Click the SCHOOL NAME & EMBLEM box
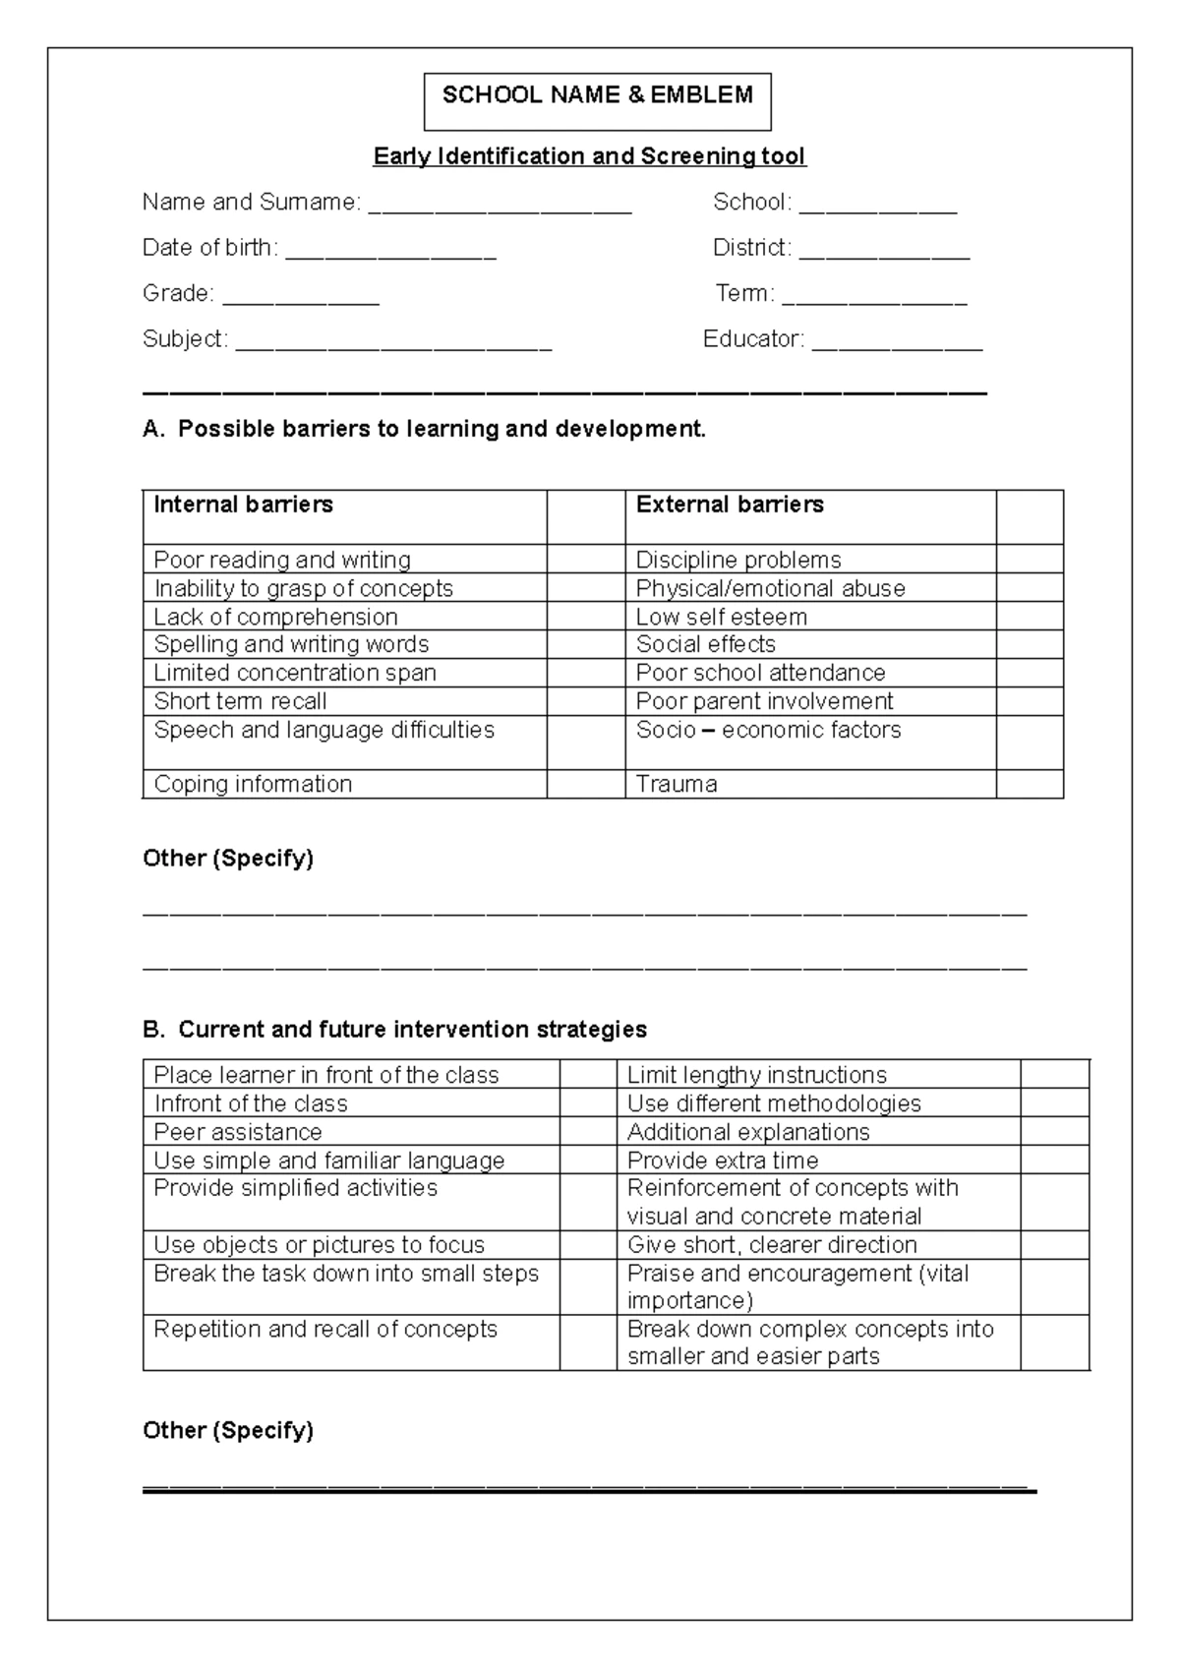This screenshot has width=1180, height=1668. coord(597,100)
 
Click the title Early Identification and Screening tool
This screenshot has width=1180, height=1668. coord(589,156)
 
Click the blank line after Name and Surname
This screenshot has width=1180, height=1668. coord(500,205)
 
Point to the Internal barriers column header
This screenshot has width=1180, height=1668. coord(244,505)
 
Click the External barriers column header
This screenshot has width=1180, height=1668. coord(730,505)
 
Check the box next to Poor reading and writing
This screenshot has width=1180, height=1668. coord(585,560)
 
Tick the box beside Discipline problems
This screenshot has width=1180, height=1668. coord(1029,560)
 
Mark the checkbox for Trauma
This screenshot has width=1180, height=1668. coord(1029,784)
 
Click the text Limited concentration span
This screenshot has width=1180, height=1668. coord(295,673)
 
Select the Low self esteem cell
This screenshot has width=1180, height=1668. coord(722,617)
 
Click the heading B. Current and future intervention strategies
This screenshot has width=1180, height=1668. coord(395,1030)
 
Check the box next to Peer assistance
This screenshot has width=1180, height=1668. coord(588,1132)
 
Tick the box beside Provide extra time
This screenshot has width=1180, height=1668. coord(1054,1161)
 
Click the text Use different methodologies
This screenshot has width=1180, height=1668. coord(774,1103)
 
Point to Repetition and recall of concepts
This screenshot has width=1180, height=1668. coord(325,1330)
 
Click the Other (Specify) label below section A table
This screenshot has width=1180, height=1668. coord(228,859)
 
